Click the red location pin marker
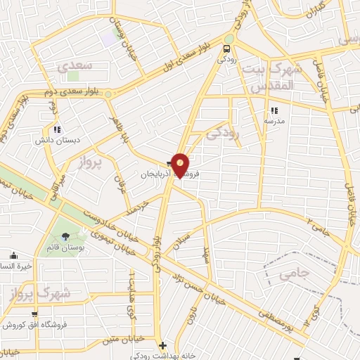click(x=181, y=164)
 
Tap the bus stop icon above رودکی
click(x=226, y=49)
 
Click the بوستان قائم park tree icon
click(x=65, y=236)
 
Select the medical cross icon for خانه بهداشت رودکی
click(x=162, y=345)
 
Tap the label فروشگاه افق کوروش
click(x=34, y=325)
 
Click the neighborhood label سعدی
click(x=71, y=67)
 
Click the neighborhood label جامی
click(x=294, y=274)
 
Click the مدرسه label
click(x=274, y=120)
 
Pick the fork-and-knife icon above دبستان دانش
click(x=56, y=129)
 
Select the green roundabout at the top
click(x=229, y=39)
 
